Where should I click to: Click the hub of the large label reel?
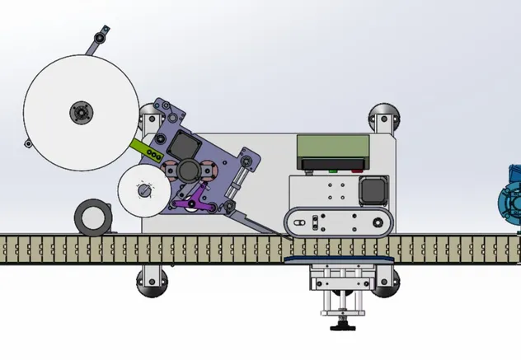point(82,111)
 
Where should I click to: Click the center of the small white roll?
point(144,192)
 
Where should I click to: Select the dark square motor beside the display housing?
point(374,189)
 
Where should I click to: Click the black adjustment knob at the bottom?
point(340,327)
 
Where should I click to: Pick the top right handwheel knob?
point(383,117)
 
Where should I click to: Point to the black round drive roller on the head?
point(187,171)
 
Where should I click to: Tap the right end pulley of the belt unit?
point(377,222)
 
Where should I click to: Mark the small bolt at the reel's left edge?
point(26,146)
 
